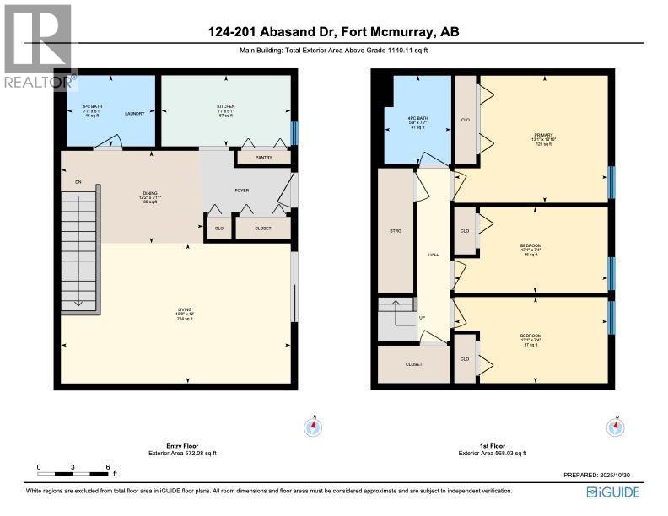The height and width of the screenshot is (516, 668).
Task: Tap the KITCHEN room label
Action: pyautogui.click(x=226, y=107)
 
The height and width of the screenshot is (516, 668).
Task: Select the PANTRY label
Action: pyautogui.click(x=262, y=158)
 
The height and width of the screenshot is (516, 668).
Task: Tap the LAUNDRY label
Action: pyautogui.click(x=135, y=113)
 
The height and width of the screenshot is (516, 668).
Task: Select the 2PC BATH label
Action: pyautogui.click(x=91, y=107)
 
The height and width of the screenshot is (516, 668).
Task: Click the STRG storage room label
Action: pyautogui.click(x=396, y=230)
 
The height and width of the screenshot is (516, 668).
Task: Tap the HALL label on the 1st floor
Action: pyautogui.click(x=434, y=254)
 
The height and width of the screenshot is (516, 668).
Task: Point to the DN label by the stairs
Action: pyautogui.click(x=78, y=181)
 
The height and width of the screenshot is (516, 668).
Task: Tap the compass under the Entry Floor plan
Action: pyautogui.click(x=313, y=427)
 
